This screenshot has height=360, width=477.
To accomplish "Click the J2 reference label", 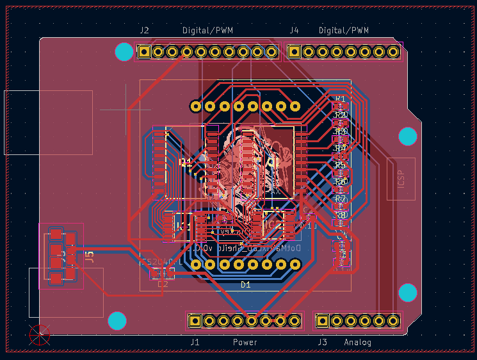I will (144, 31).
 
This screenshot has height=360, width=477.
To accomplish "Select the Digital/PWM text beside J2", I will (207, 31).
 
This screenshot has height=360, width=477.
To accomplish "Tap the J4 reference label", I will (294, 31).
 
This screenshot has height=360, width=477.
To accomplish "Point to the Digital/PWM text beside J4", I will (344, 31).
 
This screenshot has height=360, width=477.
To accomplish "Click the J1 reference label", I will (195, 343).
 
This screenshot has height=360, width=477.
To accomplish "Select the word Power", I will (245, 343).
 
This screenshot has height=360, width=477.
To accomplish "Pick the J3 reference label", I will (323, 343).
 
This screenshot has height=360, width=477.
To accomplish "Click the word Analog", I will (357, 343).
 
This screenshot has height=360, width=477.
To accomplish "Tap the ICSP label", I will (401, 179).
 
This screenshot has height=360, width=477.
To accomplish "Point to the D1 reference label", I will (245, 284).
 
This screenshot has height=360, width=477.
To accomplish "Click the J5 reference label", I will (90, 257).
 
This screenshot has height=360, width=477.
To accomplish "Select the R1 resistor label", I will (340, 99).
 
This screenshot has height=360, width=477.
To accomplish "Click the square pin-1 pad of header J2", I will (145, 52).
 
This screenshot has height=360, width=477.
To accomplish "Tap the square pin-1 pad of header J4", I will (295, 52).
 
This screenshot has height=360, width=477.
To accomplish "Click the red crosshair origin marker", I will (40, 335).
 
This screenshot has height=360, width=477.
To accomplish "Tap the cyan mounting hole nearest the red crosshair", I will (117, 320).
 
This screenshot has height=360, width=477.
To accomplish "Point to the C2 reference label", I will (163, 284).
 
